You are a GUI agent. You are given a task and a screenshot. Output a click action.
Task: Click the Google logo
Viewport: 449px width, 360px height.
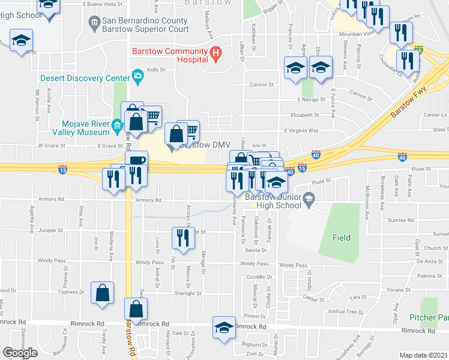[20, 353]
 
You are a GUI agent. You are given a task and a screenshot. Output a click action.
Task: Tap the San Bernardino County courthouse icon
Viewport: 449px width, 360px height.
[94, 24]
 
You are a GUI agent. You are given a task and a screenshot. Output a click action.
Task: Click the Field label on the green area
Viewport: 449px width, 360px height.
[342, 238]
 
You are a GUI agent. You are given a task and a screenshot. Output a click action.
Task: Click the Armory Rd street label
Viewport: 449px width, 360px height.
[149, 200]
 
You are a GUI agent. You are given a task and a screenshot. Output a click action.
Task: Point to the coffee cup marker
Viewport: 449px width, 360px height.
[136, 161]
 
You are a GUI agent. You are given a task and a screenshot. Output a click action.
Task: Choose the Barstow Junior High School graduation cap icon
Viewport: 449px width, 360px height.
[309, 198]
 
